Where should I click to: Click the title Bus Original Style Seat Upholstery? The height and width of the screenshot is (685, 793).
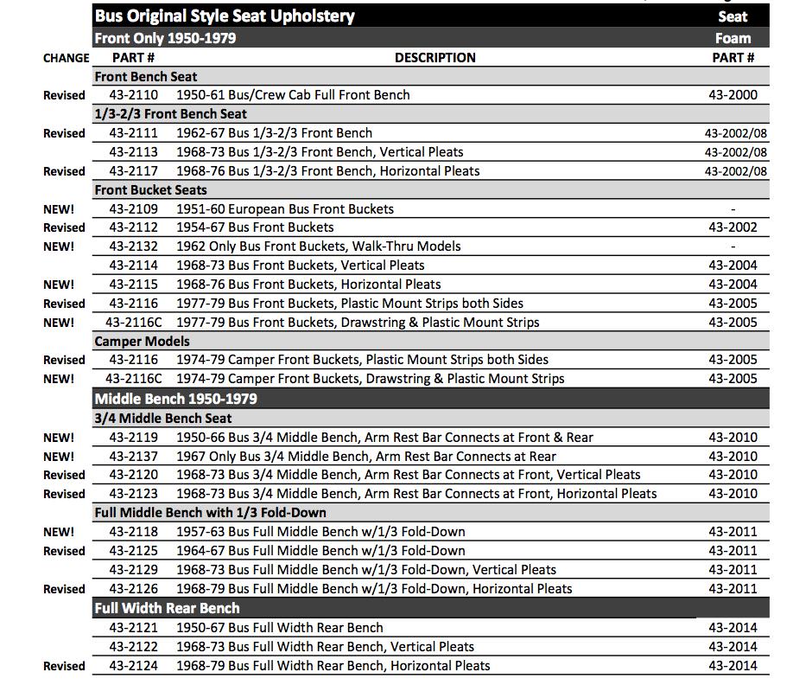(225, 16)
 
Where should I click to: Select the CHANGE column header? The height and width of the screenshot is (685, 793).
(66, 58)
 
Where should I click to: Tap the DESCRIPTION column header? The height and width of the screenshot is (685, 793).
(435, 58)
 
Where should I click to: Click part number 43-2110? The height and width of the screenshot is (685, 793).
(134, 95)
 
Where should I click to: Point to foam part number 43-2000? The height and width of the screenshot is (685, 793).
(733, 95)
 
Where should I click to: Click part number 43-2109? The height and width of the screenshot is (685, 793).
(134, 209)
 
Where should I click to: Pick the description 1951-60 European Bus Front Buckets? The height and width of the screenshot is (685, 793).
(285, 209)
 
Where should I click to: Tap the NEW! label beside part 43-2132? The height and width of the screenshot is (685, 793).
(59, 246)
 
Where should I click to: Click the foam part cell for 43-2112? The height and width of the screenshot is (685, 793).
(733, 227)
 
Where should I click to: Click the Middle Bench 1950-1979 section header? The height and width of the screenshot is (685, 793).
(175, 399)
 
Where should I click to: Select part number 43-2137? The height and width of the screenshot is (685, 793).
(134, 457)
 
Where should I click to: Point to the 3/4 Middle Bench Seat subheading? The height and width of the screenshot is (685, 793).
(163, 419)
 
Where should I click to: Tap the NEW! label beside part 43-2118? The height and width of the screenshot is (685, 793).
(59, 533)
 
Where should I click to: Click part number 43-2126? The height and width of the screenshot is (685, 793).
(134, 589)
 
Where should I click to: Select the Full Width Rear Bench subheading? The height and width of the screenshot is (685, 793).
(167, 608)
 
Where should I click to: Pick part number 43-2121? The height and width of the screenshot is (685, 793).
(134, 628)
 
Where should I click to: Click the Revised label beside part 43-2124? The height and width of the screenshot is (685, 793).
(64, 666)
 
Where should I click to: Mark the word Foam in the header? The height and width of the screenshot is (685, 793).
(733, 38)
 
